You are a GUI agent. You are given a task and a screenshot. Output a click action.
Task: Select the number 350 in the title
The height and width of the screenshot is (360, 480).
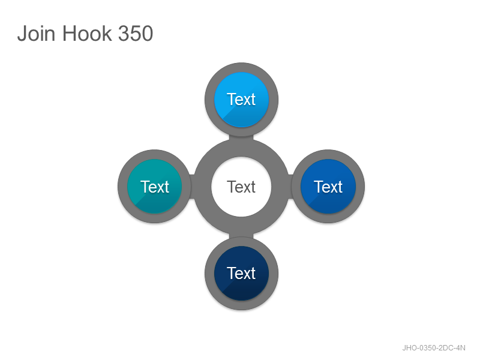[136, 33]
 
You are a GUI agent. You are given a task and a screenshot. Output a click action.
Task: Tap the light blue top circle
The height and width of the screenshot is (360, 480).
[242, 100]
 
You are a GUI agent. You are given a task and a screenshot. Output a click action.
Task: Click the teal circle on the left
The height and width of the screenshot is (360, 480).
[155, 187]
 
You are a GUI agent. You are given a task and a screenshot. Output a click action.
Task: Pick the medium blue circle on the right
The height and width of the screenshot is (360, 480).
[328, 187]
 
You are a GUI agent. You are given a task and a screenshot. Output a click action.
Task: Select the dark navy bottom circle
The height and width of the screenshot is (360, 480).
[242, 274]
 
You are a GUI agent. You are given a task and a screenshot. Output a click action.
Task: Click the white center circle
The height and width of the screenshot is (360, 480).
[241, 187]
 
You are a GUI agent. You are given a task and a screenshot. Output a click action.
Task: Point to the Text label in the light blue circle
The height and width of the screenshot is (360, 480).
[241, 100]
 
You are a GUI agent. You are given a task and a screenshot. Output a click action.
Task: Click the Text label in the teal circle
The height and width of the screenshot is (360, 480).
[155, 187]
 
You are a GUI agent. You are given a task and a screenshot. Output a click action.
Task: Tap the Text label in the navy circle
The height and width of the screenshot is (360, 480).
[241, 274]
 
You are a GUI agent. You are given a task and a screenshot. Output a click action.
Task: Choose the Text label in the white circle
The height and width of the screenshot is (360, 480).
[241, 187]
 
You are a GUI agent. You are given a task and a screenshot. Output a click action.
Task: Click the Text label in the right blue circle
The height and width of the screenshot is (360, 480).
[328, 187]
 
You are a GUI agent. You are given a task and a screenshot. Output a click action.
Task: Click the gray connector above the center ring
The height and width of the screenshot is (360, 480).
[242, 137]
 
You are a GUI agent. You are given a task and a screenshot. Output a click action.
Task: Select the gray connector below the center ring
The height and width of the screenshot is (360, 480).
[242, 236]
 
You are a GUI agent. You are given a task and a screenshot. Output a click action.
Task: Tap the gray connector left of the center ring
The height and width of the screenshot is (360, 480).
[192, 187]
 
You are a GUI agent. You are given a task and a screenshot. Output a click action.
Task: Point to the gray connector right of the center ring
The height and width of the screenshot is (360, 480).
[290, 187]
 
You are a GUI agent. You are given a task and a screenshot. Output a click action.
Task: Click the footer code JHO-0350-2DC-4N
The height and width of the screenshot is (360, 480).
[434, 348]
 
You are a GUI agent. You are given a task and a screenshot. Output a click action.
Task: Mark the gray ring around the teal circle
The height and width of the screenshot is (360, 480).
[122, 187]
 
